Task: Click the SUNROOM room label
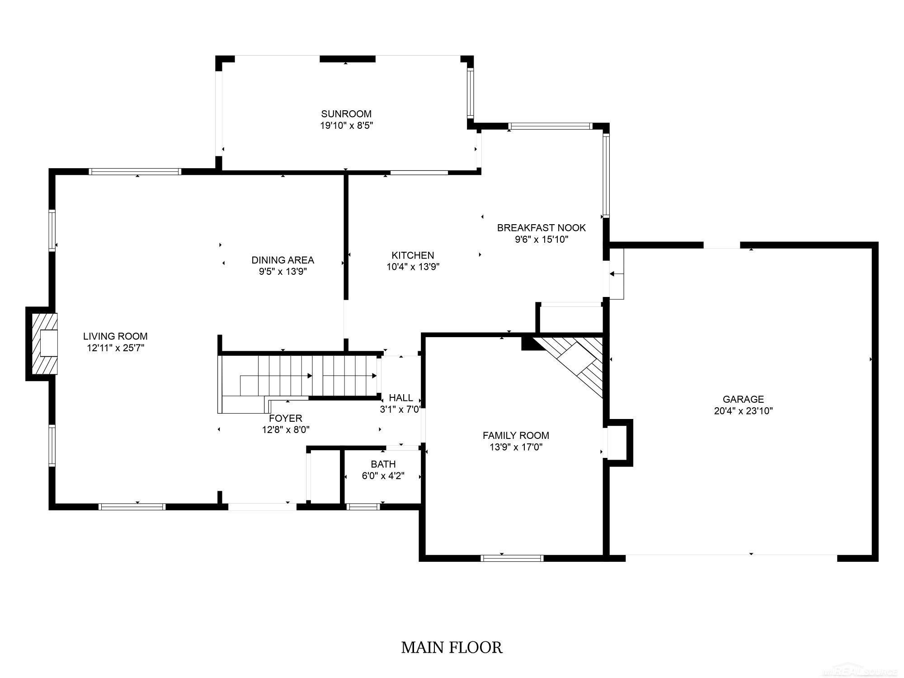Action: (x=346, y=114)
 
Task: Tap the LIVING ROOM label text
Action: (x=115, y=336)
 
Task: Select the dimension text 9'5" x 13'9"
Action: (x=283, y=271)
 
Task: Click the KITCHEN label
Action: (x=413, y=255)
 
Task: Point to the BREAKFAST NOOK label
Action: (x=541, y=228)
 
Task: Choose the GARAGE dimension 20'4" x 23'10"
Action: (x=744, y=411)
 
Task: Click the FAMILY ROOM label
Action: (x=516, y=435)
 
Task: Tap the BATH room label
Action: (x=383, y=464)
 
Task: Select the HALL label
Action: (x=401, y=398)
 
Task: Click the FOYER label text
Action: (x=286, y=418)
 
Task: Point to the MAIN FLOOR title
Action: (x=452, y=647)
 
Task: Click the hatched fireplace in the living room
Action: (x=44, y=344)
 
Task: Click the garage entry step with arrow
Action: (x=616, y=274)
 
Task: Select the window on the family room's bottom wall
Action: (x=512, y=558)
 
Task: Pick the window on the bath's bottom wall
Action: (x=363, y=507)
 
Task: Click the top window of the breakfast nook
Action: (x=550, y=126)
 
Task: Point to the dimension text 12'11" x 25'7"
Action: (x=116, y=348)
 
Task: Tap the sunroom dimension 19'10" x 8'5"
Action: (x=347, y=126)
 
